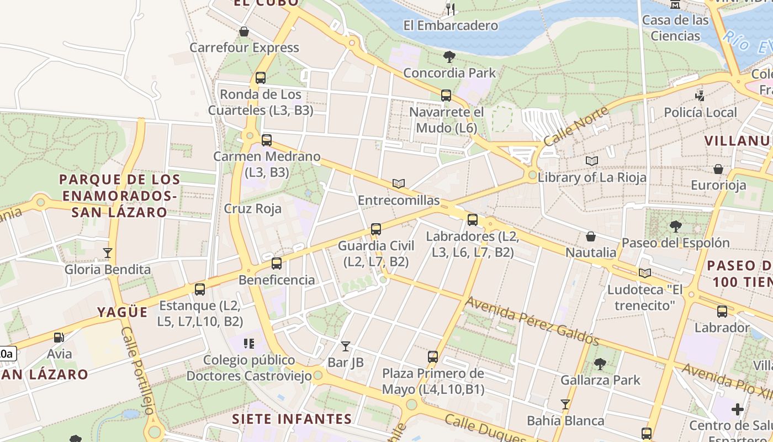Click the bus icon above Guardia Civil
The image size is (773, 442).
click(x=376, y=229)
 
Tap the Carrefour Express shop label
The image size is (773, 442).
click(x=244, y=48)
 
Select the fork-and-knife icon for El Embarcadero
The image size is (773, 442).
click(x=451, y=8)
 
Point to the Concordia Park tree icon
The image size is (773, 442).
click(x=449, y=56)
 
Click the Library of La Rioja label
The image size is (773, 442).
click(x=591, y=177)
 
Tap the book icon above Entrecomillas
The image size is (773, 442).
click(x=398, y=183)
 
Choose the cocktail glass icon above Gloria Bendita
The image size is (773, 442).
click(x=108, y=253)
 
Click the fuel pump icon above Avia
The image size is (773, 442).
click(x=59, y=337)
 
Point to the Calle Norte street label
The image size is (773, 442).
click(x=576, y=126)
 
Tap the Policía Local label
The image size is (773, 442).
click(x=700, y=113)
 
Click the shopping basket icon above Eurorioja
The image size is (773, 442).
click(x=718, y=169)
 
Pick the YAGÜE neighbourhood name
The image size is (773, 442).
click(x=123, y=312)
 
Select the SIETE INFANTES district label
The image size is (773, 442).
click(x=292, y=419)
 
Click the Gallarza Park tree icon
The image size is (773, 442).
click(x=600, y=364)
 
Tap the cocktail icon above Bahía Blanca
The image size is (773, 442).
click(x=565, y=404)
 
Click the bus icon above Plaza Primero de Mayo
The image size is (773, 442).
click(x=433, y=357)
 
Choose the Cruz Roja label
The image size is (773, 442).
click(x=252, y=209)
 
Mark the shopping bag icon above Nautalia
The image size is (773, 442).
click(x=591, y=236)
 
